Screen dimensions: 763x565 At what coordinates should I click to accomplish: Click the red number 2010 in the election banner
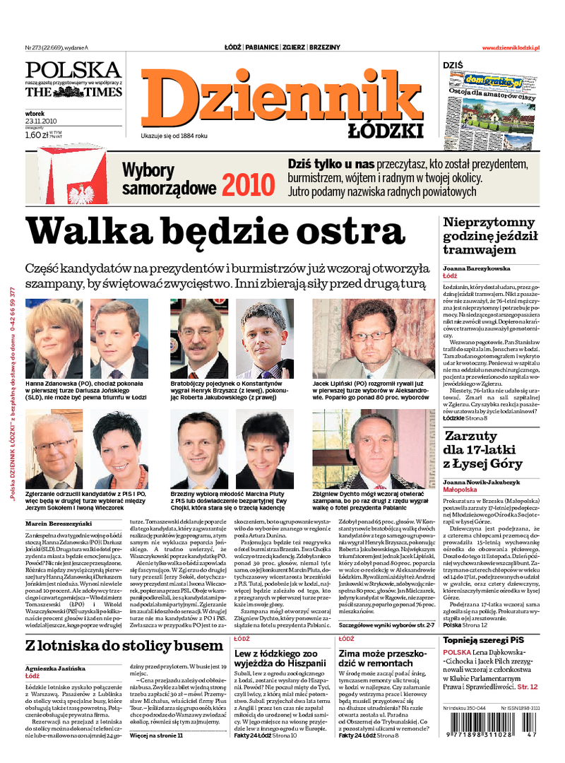[248, 184]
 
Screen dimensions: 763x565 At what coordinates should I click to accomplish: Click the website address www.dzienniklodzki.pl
[511, 47]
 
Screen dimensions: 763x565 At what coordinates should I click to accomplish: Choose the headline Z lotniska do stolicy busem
[124, 646]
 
